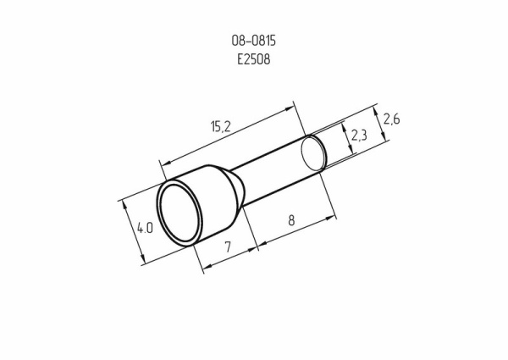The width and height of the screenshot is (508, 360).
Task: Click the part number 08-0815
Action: click(x=254, y=41)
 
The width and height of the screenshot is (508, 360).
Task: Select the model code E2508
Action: click(x=254, y=59)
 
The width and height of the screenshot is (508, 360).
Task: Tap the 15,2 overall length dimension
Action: click(x=221, y=126)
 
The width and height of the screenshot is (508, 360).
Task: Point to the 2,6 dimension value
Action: click(x=391, y=119)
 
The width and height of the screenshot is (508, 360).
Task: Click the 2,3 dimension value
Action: click(x=359, y=135)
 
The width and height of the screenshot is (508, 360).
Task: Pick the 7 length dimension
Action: click(x=228, y=246)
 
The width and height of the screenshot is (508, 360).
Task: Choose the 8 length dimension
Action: click(x=291, y=221)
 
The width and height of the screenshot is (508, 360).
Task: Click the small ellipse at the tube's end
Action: click(x=313, y=153)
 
